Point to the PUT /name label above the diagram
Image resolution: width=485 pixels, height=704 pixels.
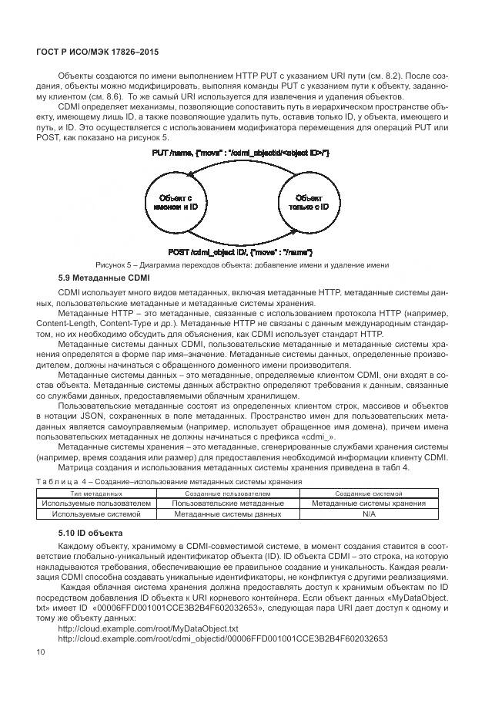(x=242, y=154)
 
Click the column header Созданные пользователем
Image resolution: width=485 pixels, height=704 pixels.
(x=228, y=492)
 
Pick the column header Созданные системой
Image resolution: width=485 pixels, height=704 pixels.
(x=369, y=492)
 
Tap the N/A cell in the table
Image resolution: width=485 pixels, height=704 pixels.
(x=369, y=514)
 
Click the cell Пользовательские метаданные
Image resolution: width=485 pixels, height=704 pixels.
(x=228, y=503)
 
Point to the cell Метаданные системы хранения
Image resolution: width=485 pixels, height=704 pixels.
(x=369, y=503)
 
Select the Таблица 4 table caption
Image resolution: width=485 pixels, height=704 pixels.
(x=169, y=481)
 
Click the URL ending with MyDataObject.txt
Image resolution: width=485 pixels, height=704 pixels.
(x=149, y=628)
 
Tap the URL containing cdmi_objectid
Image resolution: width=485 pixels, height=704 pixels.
(x=222, y=639)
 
